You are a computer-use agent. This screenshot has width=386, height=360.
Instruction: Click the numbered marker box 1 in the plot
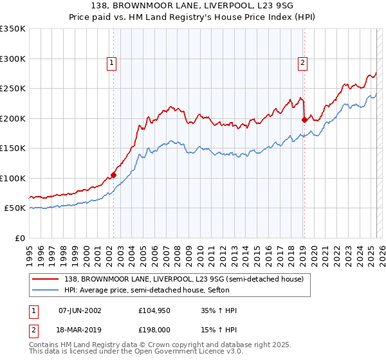pos(112,62)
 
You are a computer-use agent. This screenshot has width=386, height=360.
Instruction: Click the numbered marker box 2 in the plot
pos(302,62)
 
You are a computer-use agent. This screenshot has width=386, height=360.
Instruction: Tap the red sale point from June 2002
pos(113,175)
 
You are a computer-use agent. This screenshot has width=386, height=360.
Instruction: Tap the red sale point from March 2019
pos(304,119)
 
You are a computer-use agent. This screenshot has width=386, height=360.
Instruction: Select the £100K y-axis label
pos(14,179)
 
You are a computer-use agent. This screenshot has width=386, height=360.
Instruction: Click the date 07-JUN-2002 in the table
pos(80,310)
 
